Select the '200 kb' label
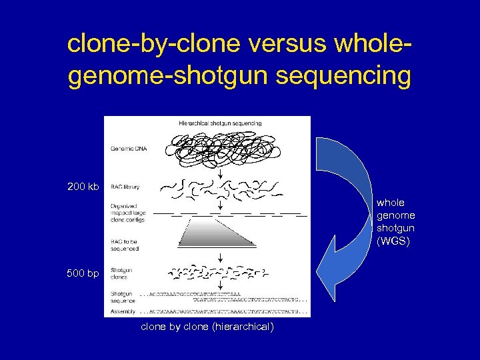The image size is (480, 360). (x=83, y=186)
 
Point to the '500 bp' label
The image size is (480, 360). (x=82, y=273)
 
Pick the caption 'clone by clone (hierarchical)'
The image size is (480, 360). (x=207, y=327)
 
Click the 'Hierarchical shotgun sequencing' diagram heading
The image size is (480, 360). (x=220, y=123)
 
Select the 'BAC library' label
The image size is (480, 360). (x=125, y=187)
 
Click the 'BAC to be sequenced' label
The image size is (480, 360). (x=125, y=245)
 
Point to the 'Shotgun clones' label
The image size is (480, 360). (x=121, y=273)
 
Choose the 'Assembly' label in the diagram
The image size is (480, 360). (x=123, y=311)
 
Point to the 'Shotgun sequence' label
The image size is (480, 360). (x=123, y=297)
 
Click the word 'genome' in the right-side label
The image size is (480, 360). (x=396, y=215)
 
